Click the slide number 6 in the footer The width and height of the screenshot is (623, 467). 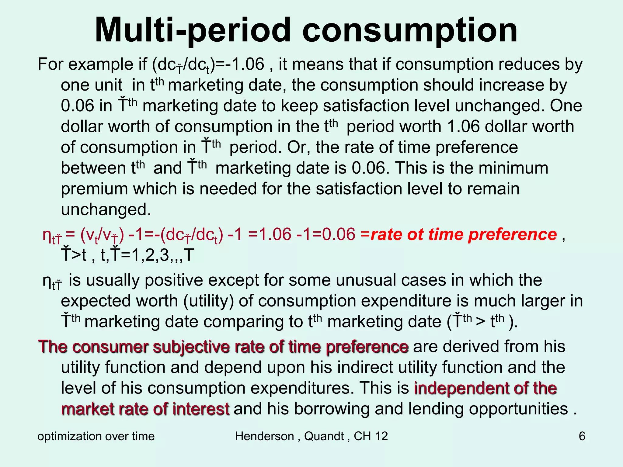[x=582, y=436]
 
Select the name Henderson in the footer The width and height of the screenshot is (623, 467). [x=264, y=436]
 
